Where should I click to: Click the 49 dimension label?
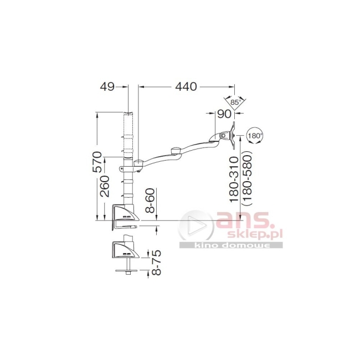(x=107, y=87)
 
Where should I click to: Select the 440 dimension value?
(x=186, y=86)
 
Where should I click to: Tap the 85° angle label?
(x=235, y=102)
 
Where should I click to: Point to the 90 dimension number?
(x=224, y=114)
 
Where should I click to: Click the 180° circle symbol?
(x=254, y=136)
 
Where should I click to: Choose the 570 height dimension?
(x=97, y=162)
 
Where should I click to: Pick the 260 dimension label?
(x=105, y=186)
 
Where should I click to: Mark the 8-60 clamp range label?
(x=151, y=200)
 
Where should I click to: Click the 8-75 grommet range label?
(x=157, y=263)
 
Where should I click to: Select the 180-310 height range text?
(x=235, y=179)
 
